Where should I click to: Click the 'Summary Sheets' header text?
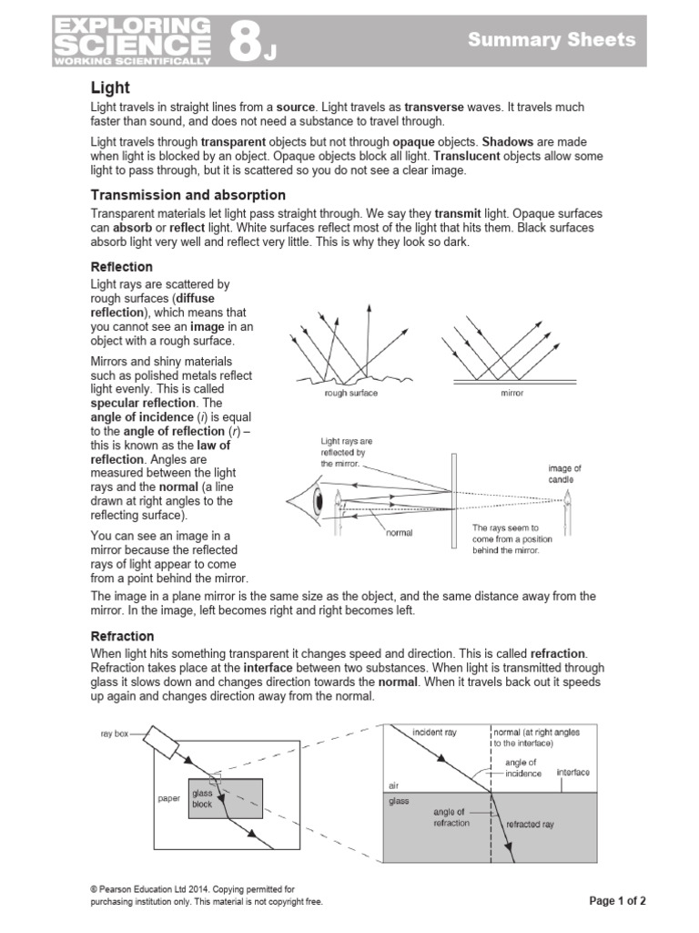click(551, 39)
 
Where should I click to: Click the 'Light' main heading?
click(110, 87)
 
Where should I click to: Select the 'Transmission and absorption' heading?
click(187, 195)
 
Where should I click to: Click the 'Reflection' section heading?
click(121, 267)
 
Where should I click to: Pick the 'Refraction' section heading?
click(122, 636)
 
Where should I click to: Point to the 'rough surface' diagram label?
click(350, 394)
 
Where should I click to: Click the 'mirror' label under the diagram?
click(512, 394)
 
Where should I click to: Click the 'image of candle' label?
click(563, 474)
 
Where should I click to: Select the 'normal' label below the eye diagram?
click(399, 533)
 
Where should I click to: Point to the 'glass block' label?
click(201, 799)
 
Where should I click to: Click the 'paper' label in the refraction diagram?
click(168, 798)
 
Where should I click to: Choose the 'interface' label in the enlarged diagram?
click(572, 772)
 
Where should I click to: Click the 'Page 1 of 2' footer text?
click(617, 901)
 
